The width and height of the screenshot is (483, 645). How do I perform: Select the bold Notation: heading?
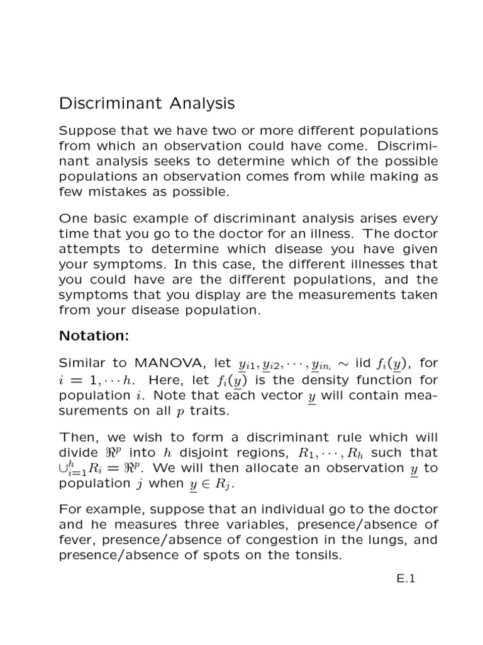[x=93, y=336]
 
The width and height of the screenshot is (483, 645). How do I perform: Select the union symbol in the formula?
[x=63, y=467]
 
